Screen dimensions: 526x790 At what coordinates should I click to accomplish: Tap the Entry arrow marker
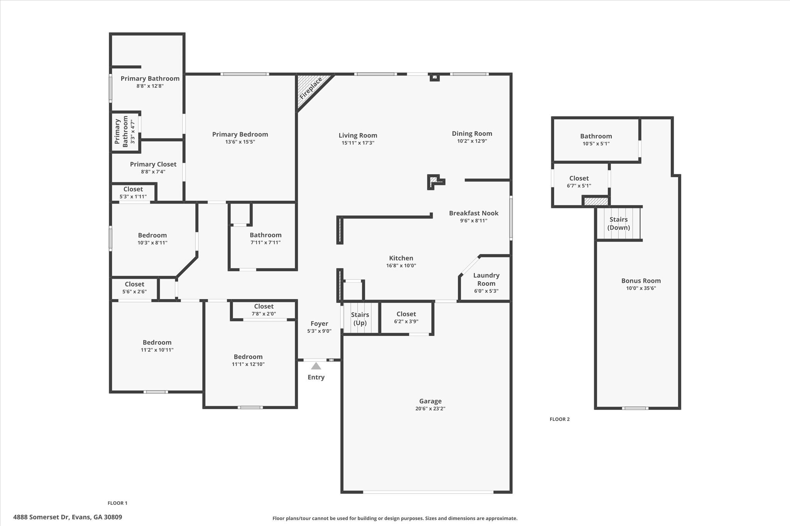(x=316, y=366)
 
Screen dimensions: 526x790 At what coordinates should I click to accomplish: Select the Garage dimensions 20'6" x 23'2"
(x=430, y=409)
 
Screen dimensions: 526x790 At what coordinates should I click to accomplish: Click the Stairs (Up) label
(x=360, y=319)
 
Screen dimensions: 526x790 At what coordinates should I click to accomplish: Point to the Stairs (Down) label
(x=618, y=224)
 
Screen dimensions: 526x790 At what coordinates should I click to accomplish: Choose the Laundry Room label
(x=486, y=279)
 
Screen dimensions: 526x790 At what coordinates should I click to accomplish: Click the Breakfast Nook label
(x=473, y=213)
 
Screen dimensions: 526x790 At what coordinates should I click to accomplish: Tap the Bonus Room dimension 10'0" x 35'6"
(x=641, y=288)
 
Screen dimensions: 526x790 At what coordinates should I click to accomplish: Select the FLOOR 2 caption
(x=559, y=419)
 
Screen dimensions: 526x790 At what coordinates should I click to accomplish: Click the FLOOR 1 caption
(x=117, y=503)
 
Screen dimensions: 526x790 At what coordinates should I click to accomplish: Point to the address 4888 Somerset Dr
(x=68, y=517)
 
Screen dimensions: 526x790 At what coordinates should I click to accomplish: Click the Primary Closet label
(x=153, y=164)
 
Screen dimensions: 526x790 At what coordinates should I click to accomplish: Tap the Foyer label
(x=319, y=324)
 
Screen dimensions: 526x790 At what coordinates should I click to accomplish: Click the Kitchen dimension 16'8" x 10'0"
(x=401, y=266)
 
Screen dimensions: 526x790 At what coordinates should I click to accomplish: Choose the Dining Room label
(x=472, y=134)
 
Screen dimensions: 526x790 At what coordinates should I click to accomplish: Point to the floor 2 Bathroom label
(x=596, y=136)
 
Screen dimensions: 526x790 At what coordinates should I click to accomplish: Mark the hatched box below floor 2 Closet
(x=596, y=201)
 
